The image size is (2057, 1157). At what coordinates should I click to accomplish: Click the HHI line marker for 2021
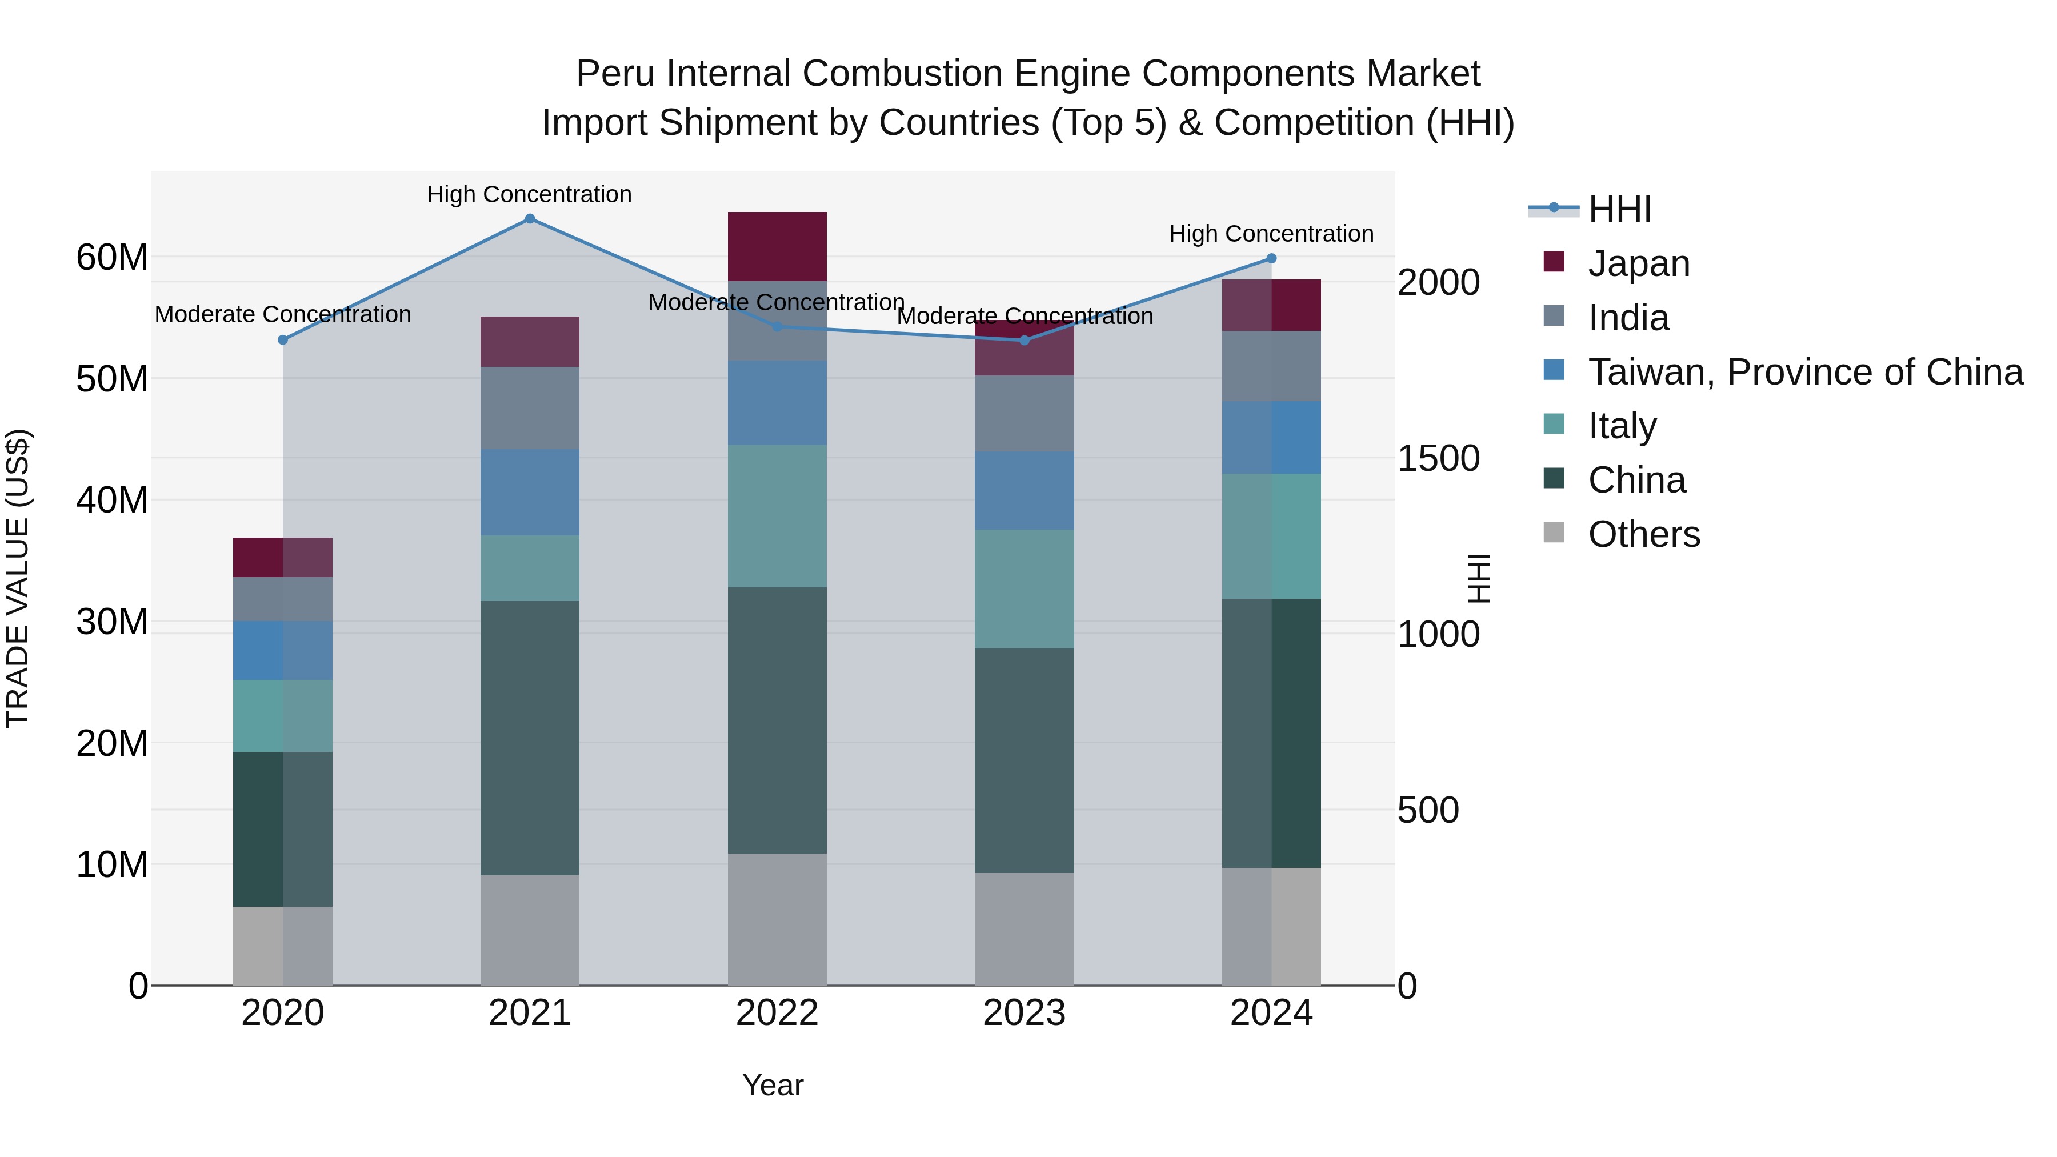point(530,219)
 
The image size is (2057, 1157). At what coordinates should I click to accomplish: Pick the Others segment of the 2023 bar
point(1024,928)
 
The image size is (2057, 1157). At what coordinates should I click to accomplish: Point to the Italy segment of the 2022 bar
point(777,516)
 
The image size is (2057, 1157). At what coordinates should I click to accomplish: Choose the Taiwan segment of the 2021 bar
point(530,492)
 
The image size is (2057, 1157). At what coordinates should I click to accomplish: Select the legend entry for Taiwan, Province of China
point(1804,372)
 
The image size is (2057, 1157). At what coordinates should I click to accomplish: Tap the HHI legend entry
point(1619,209)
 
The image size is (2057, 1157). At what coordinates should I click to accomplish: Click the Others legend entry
point(1643,534)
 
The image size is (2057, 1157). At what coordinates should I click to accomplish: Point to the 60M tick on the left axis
point(112,258)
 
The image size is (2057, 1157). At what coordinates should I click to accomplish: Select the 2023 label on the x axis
point(1024,1013)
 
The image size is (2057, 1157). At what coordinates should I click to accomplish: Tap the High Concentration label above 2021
point(530,194)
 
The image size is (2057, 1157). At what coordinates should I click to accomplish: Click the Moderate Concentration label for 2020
point(283,315)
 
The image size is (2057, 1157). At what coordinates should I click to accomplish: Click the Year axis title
point(772,1085)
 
